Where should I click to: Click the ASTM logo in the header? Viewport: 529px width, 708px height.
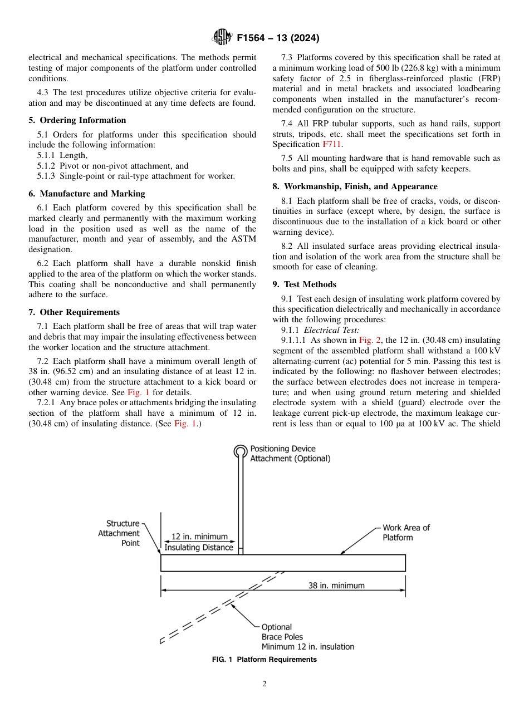[222, 38]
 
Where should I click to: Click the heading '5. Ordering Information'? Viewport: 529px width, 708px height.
[77, 120]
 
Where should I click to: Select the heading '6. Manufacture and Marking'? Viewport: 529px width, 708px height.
[86, 194]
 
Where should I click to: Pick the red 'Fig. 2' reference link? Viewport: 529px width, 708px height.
[370, 339]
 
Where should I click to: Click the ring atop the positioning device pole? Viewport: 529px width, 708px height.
[240, 451]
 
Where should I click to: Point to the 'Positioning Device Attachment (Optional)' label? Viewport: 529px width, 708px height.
[290, 454]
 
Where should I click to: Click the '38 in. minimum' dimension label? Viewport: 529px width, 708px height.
[336, 586]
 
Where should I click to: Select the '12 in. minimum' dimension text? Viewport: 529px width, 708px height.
[199, 537]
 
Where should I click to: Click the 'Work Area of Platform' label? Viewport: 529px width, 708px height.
[406, 533]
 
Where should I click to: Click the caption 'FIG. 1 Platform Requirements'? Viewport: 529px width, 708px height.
[264, 660]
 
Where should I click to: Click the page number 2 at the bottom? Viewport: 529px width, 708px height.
[264, 684]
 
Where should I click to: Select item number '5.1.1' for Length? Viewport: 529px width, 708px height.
[46, 156]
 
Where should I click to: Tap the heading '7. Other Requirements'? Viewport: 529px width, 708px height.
[74, 312]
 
